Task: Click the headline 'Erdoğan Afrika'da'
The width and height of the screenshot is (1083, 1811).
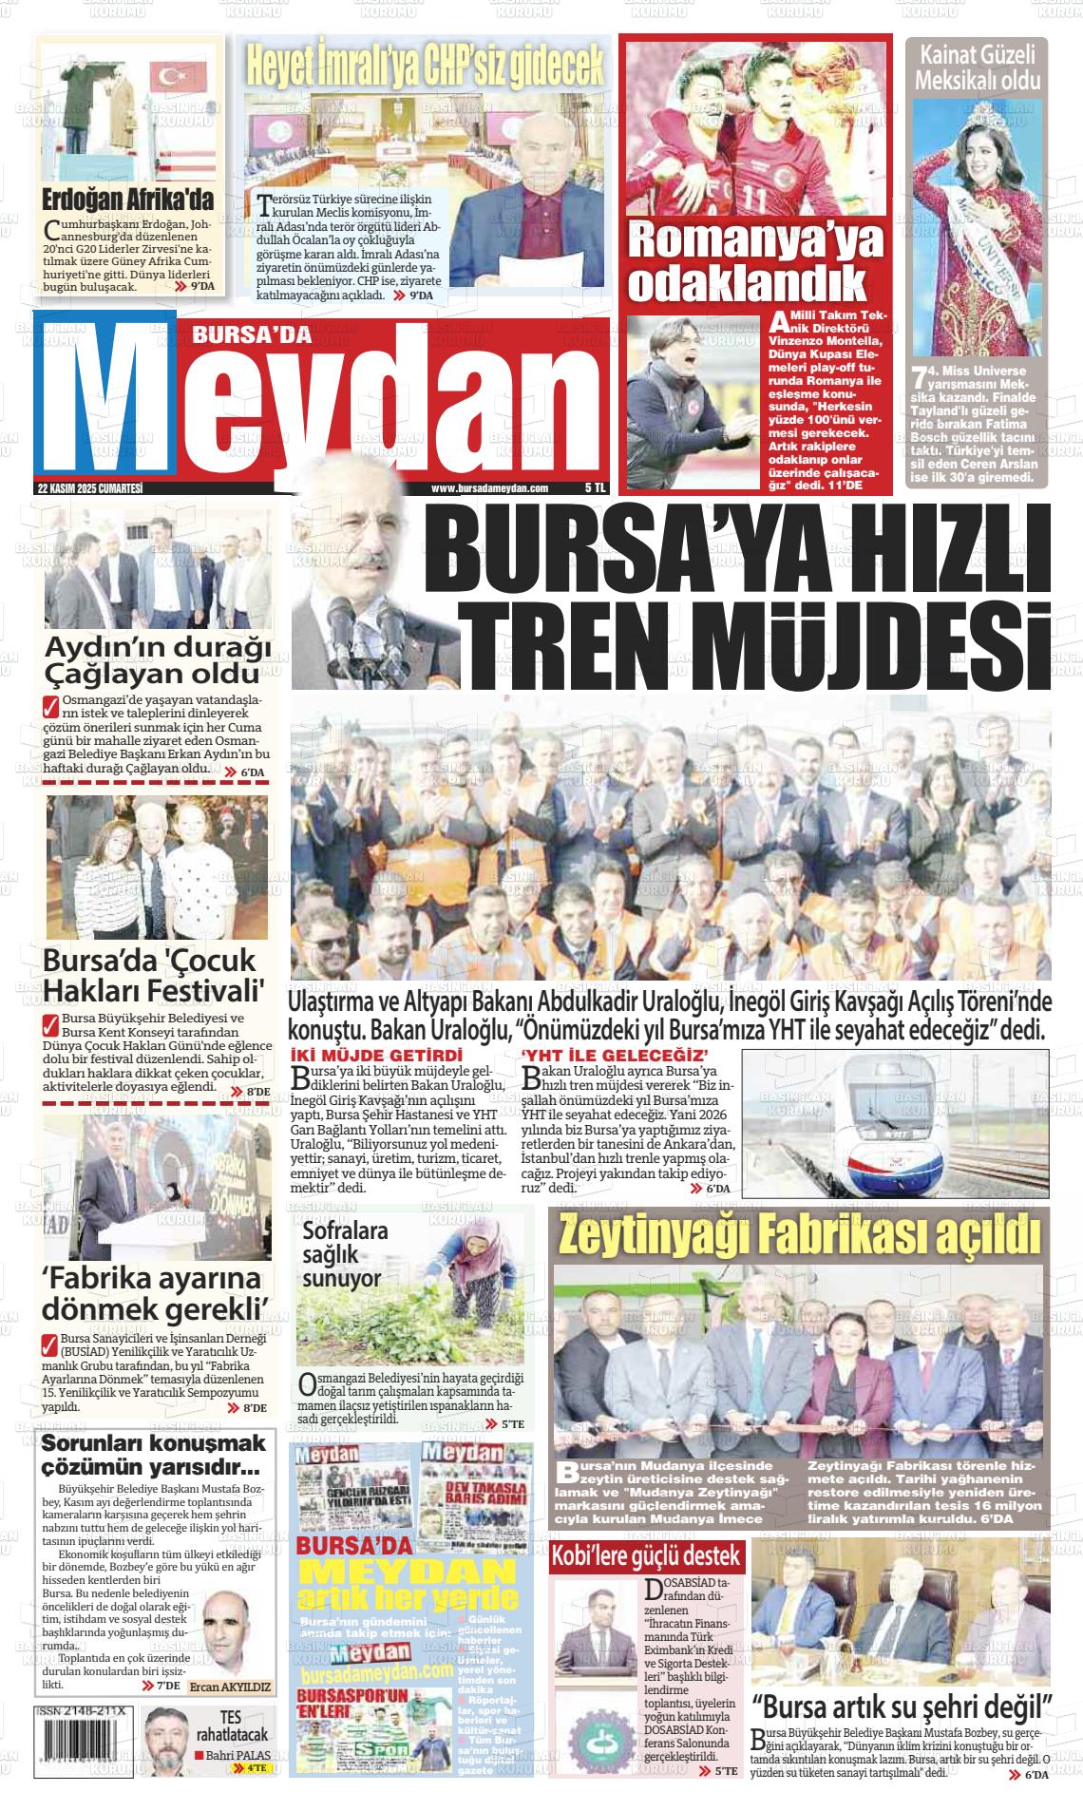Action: coord(128,200)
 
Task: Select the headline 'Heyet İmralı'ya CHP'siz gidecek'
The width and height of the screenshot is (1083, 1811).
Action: coord(425,64)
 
